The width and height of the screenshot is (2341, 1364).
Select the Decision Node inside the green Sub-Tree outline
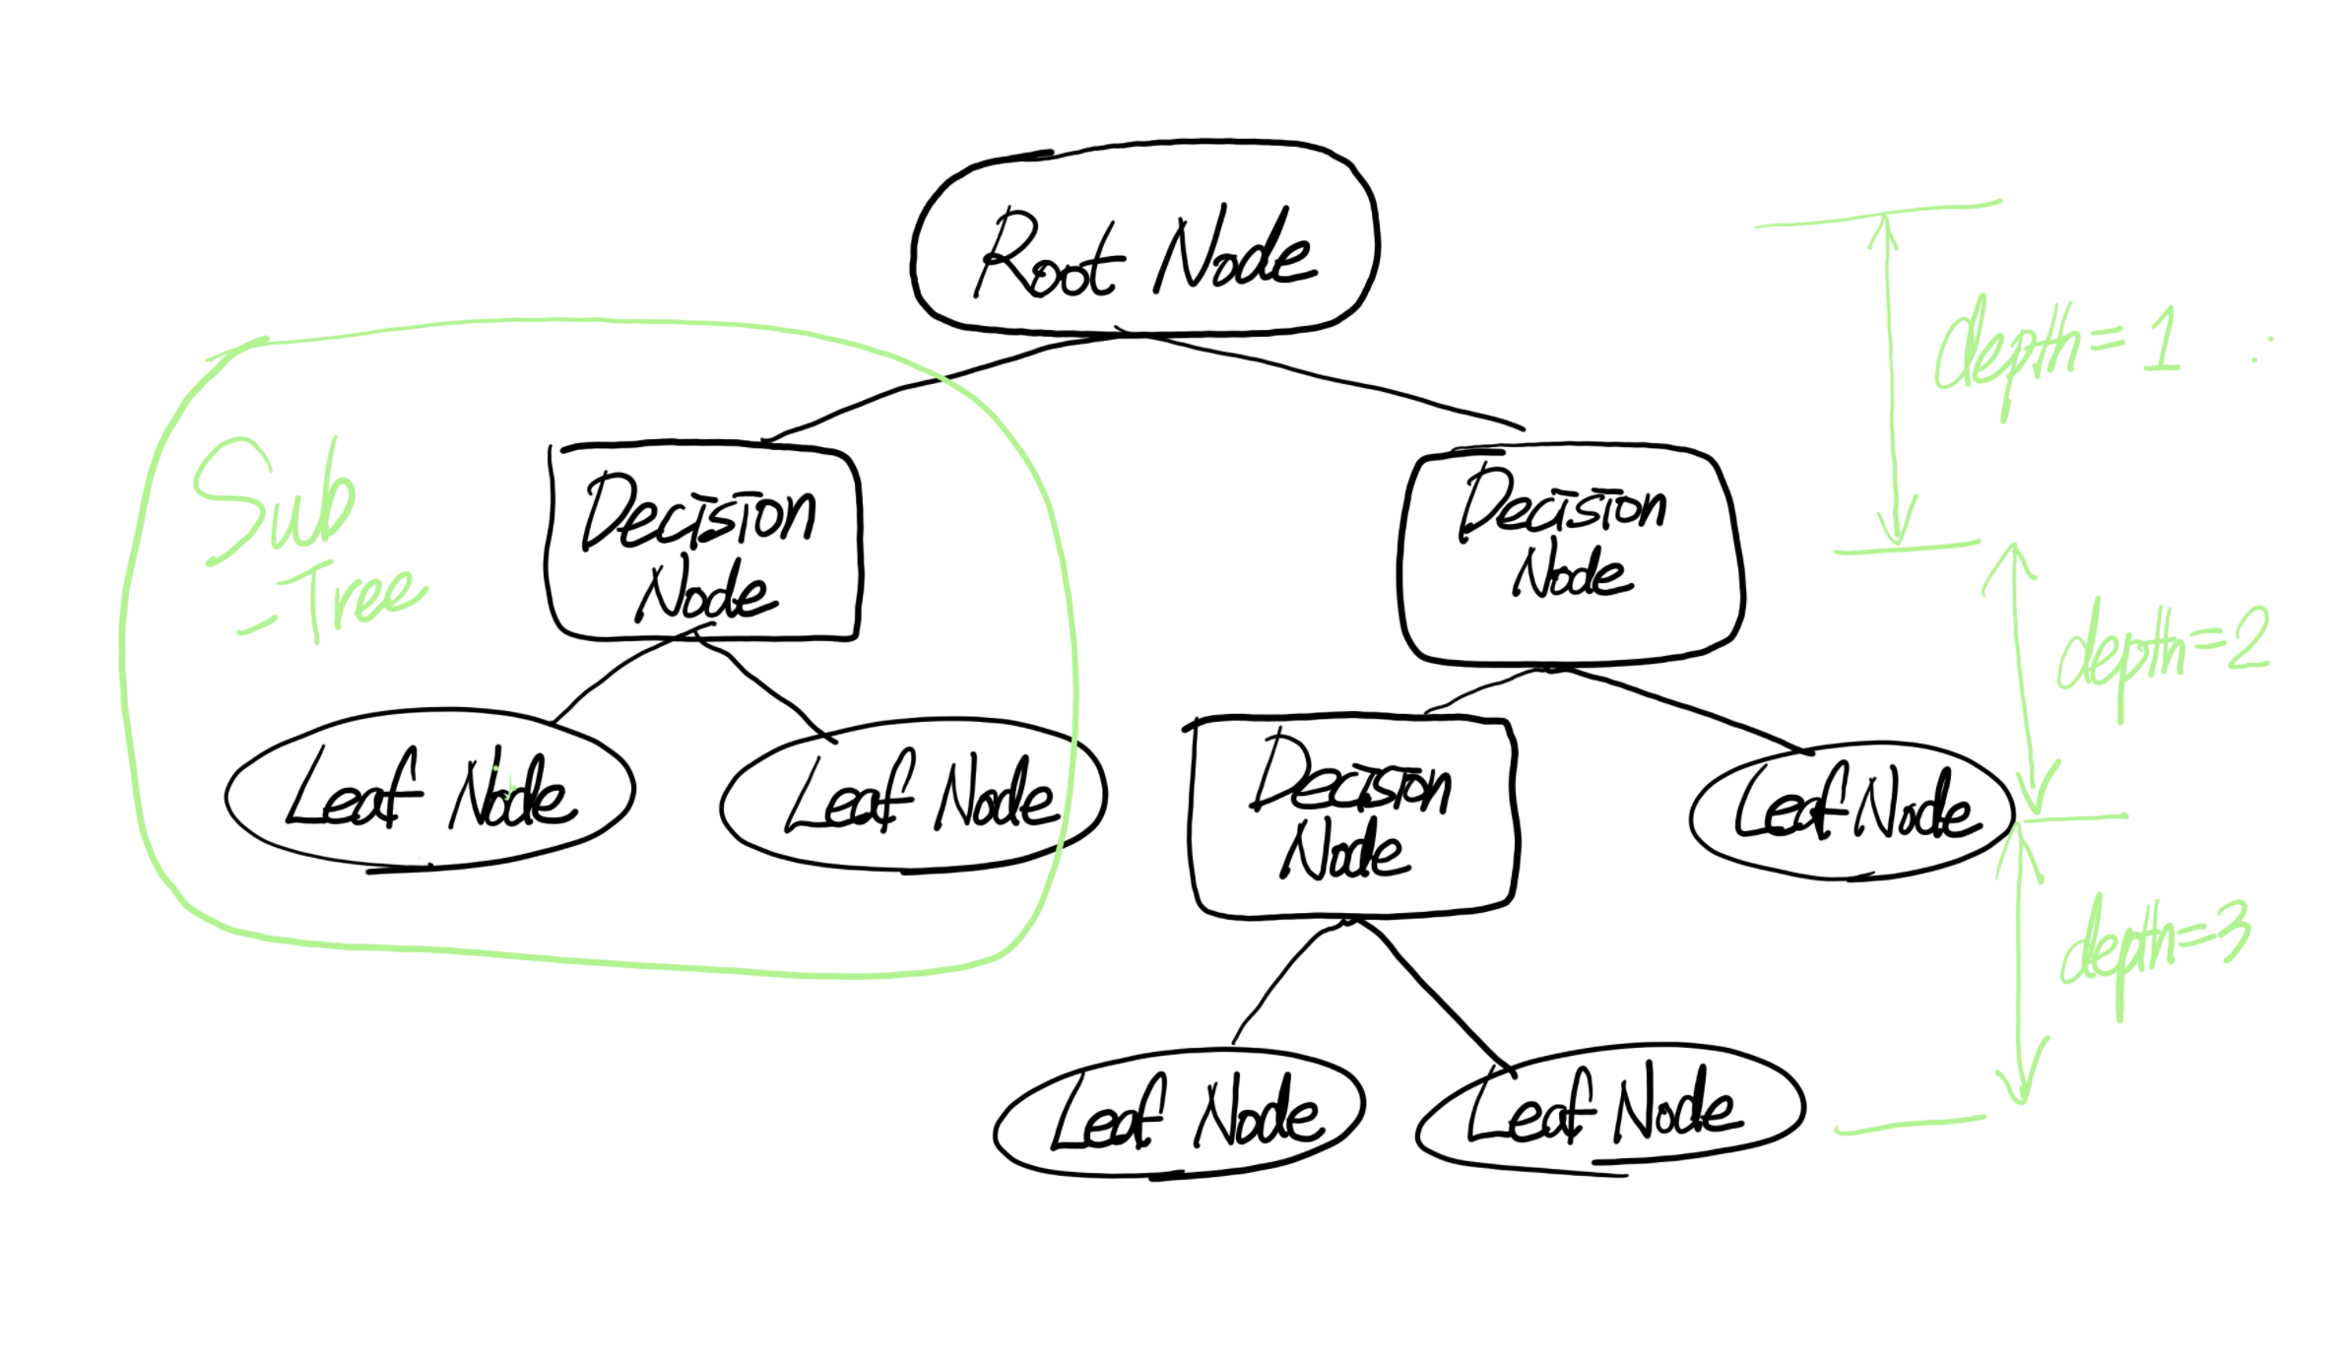(703, 544)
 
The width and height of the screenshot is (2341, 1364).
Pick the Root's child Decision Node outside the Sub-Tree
(1570, 553)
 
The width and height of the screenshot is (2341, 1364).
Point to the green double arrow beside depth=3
(2019, 965)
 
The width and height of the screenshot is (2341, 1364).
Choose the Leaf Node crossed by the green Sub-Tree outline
(914, 796)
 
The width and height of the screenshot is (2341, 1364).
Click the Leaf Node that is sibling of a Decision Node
(1852, 810)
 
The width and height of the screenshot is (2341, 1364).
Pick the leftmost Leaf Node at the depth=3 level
(1179, 1113)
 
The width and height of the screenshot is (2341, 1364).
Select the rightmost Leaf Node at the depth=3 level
(1610, 1108)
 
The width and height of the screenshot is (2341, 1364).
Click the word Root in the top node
(1049, 258)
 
